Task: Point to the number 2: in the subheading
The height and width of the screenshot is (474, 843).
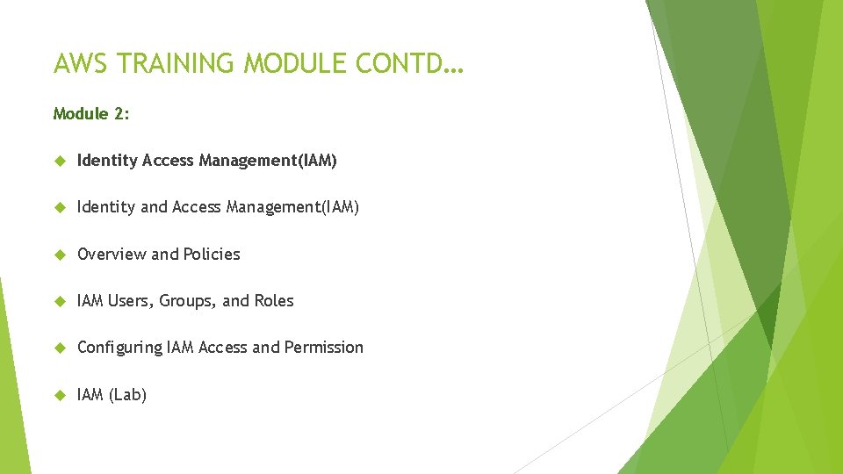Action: point(121,113)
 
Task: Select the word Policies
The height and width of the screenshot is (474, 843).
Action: point(212,254)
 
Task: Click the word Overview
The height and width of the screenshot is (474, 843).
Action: point(112,254)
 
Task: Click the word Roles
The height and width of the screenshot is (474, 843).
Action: point(274,300)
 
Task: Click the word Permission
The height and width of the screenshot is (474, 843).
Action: point(323,347)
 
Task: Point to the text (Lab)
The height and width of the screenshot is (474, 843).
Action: point(127,395)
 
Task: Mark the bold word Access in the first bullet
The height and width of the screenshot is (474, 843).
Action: point(168,160)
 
